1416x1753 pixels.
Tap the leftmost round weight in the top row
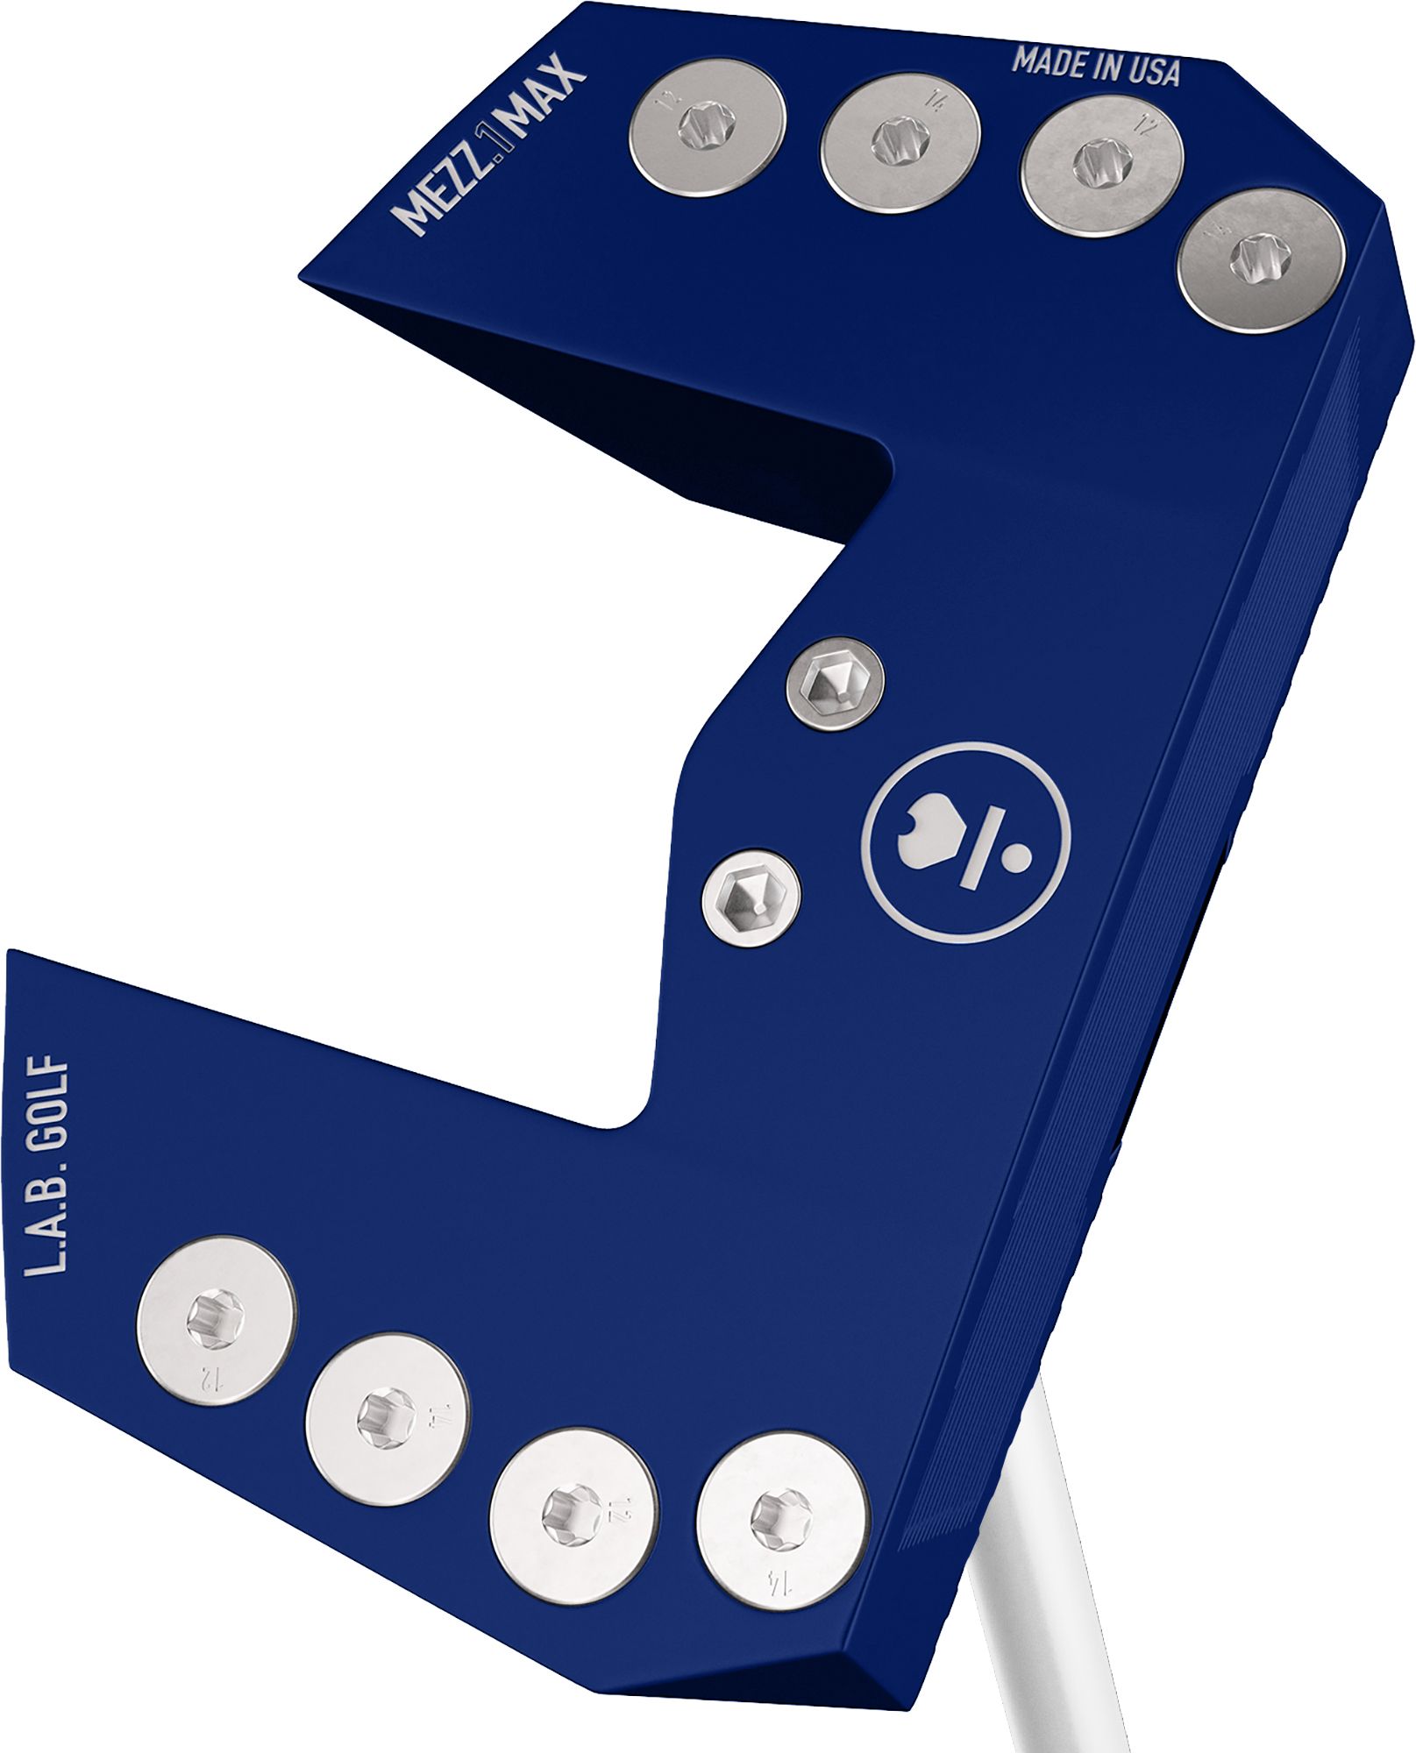(708, 127)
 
